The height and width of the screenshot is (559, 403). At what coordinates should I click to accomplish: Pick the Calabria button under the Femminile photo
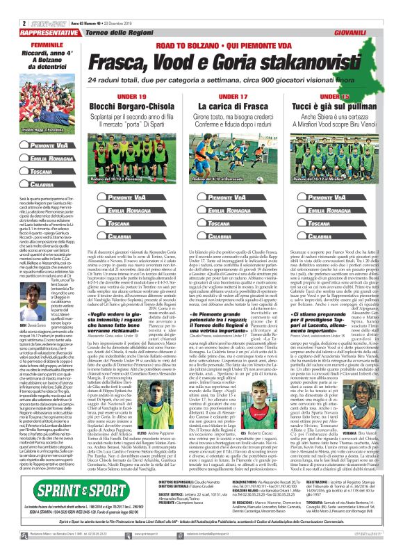pyautogui.click(x=31, y=185)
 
